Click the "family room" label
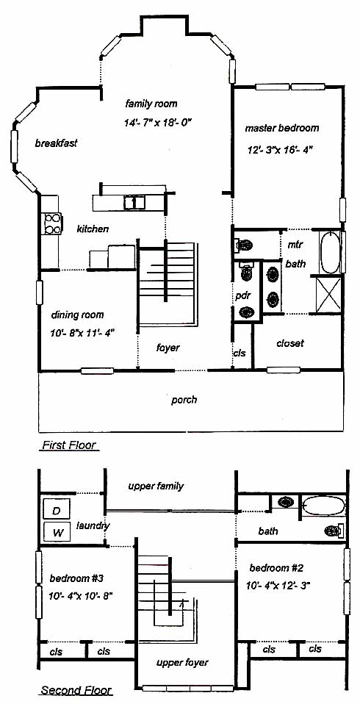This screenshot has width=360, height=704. coord(151,104)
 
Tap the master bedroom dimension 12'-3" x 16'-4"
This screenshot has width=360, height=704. coord(280,149)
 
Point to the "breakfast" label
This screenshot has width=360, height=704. coord(56,143)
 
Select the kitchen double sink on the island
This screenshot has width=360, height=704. coord(134,202)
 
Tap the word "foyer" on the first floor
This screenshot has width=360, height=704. coord(168,348)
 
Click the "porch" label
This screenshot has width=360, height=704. coord(184,399)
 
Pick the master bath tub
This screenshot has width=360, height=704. coord(330,252)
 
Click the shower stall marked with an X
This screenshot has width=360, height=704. coord(328,294)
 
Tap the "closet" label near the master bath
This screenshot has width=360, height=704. coord(290,343)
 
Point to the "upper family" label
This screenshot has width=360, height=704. coord(156,486)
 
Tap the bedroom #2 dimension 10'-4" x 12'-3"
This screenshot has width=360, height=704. coord(278,585)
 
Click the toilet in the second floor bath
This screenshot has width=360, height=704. coord(334,531)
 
